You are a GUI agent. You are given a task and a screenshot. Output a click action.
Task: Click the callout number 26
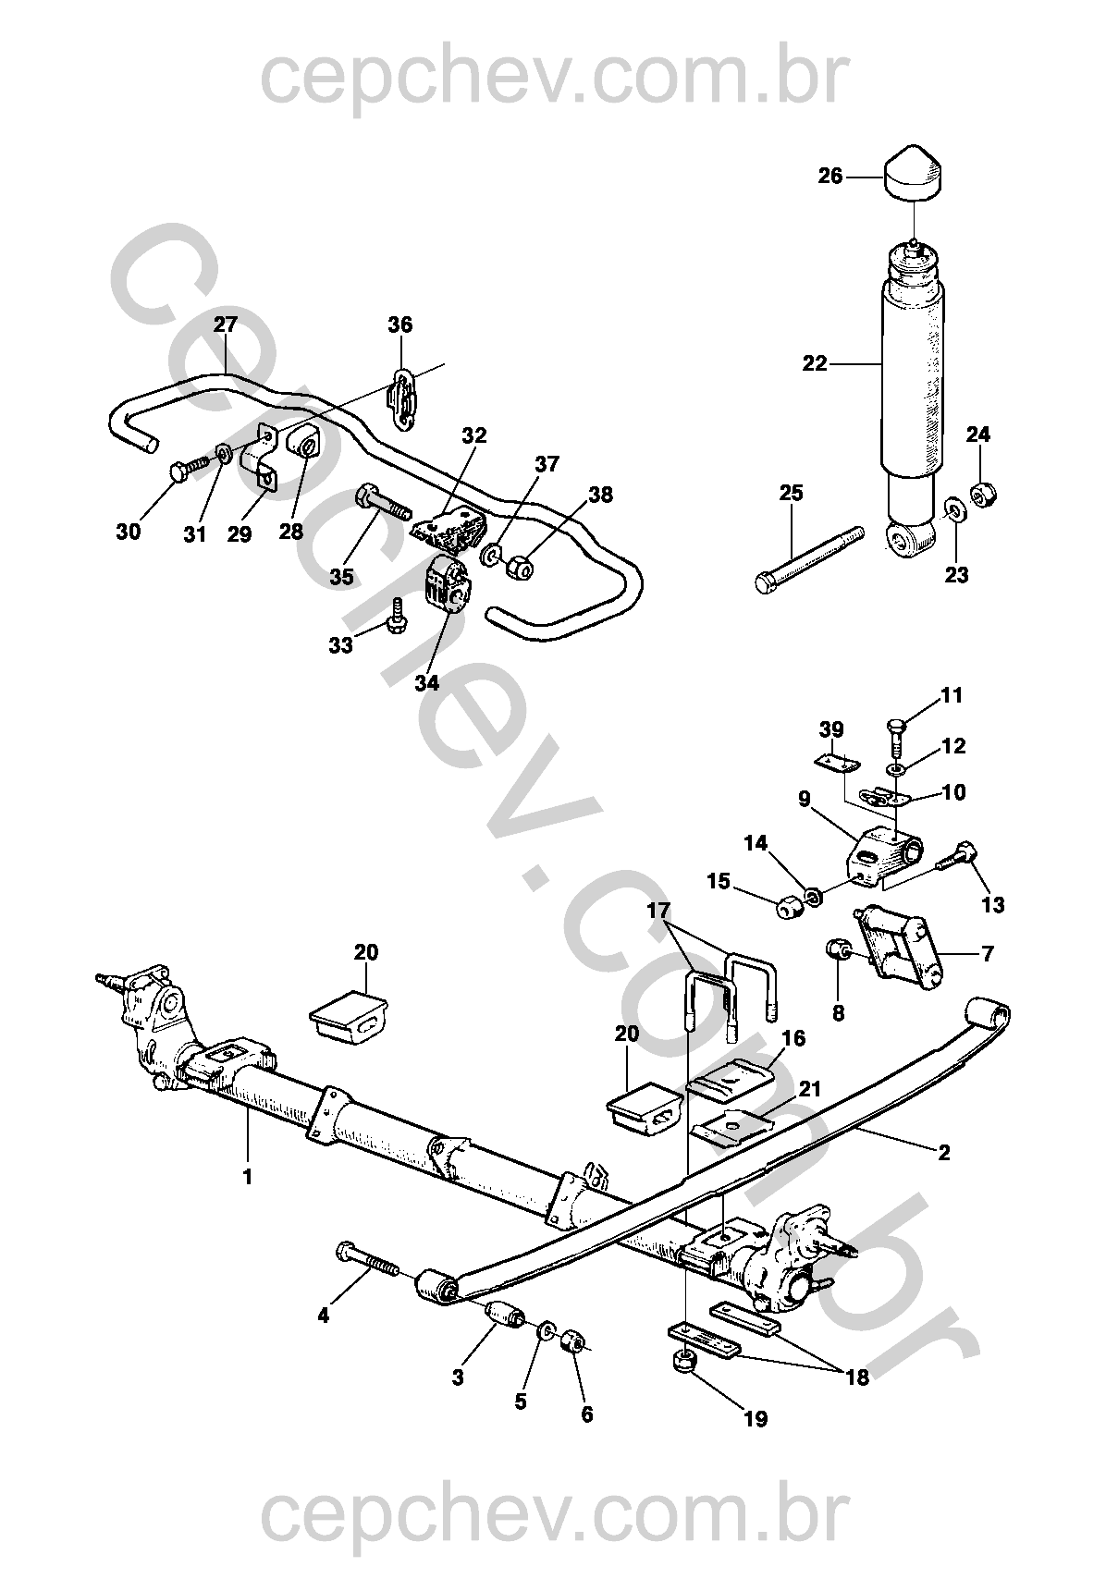pos(830,176)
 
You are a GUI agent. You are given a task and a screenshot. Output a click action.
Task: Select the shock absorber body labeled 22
pos(914,370)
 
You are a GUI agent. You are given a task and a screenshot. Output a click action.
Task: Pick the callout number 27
pos(226,324)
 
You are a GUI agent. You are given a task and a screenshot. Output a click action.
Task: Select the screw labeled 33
pos(398,616)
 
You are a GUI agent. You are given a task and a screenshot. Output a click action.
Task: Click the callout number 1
pos(248,1178)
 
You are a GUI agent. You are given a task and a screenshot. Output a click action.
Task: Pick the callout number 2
pos(943,1153)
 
